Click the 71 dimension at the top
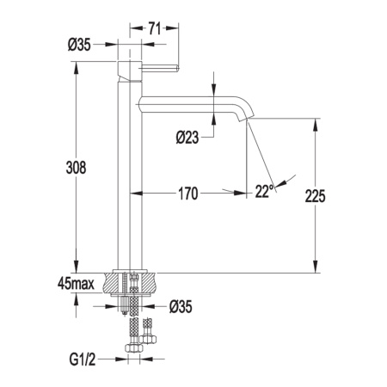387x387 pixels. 154,28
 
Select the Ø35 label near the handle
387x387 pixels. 79,45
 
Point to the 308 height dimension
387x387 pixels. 76,168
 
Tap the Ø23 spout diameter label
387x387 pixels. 187,137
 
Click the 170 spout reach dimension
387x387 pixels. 188,193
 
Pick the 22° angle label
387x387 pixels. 264,191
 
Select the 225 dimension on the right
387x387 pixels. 315,196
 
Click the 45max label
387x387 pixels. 76,284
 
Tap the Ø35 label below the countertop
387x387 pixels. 181,306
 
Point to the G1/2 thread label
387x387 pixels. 83,359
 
